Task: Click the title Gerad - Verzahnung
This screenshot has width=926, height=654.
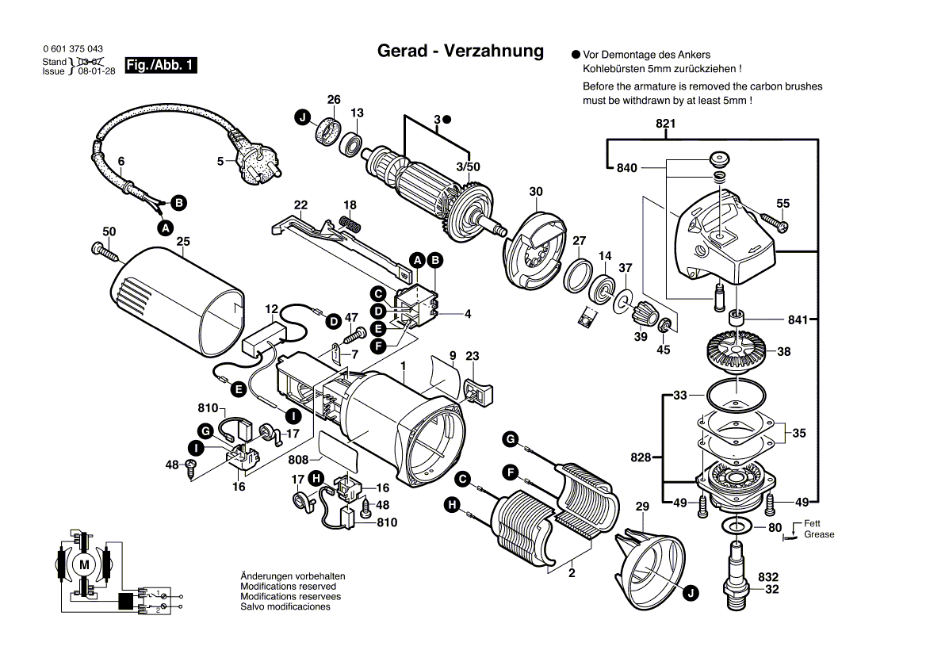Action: pos(460,52)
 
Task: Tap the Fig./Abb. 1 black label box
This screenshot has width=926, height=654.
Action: pos(161,66)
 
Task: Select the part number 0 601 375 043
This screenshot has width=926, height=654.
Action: pos(72,49)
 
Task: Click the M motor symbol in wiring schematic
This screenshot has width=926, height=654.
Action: pos(84,564)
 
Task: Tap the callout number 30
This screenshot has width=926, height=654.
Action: pos(537,192)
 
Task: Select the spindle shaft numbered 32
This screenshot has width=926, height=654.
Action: pos(737,571)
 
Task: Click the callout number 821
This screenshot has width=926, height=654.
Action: pos(665,124)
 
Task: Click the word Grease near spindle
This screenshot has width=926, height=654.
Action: pos(819,535)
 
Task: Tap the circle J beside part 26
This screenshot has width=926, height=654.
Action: pos(302,118)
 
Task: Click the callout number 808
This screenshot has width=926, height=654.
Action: pos(298,460)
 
